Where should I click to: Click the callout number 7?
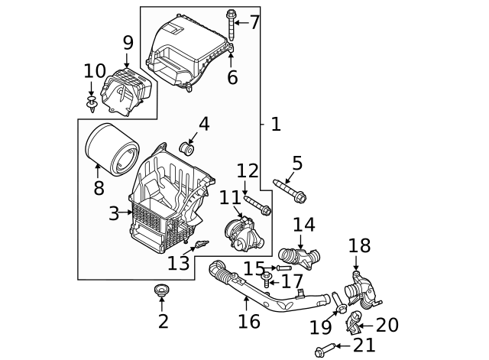(x=254, y=22)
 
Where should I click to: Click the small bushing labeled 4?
(x=186, y=148)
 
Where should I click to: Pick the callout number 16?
(x=249, y=321)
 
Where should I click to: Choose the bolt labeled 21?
(x=322, y=349)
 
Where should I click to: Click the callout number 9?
(x=128, y=43)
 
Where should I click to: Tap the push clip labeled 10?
(x=92, y=102)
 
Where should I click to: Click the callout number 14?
(x=303, y=225)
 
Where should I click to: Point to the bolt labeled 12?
(x=258, y=204)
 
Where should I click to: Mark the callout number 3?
(x=113, y=214)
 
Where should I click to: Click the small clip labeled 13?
(x=200, y=244)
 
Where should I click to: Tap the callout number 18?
(x=359, y=245)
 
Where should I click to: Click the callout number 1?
(x=276, y=124)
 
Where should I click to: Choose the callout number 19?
(x=320, y=328)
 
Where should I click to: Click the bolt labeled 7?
(x=231, y=21)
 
